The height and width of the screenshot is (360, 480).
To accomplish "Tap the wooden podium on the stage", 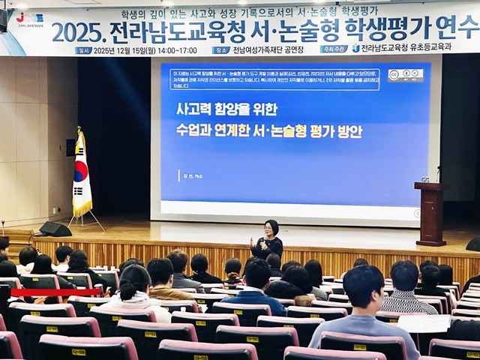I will click(431, 213).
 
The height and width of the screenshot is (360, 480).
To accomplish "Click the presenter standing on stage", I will click(267, 241).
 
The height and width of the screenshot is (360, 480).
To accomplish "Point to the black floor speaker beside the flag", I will click(55, 229).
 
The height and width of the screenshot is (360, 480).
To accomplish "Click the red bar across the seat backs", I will click(55, 292).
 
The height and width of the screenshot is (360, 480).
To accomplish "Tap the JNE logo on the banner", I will click(31, 16).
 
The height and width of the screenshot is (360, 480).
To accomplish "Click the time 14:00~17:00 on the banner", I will click(176, 50).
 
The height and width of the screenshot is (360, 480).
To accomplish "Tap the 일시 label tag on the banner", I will click(84, 50).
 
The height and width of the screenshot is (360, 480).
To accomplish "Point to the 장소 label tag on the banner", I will click(221, 50).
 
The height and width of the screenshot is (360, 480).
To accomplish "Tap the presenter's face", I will click(270, 227).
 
